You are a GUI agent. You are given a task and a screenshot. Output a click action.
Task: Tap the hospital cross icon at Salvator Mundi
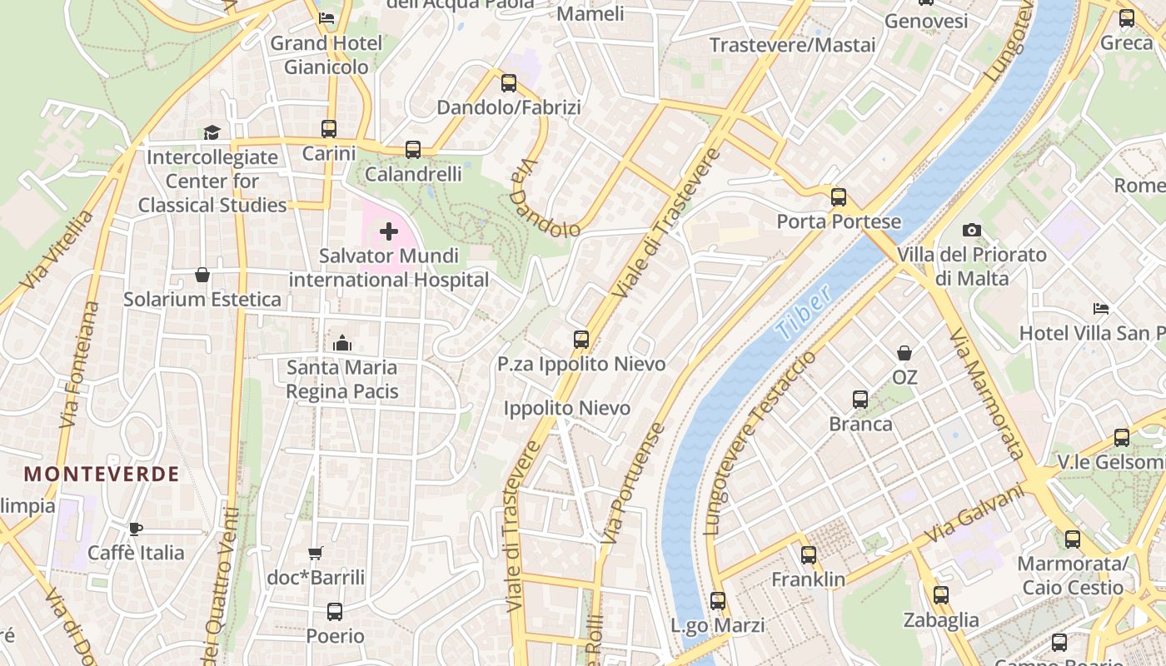388,231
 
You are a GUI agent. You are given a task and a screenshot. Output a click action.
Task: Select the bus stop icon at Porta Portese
839,197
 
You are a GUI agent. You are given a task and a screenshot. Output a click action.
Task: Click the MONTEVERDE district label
102,475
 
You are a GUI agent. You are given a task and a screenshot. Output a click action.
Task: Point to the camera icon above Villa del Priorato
971,231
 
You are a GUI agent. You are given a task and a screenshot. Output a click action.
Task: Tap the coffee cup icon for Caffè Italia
136,529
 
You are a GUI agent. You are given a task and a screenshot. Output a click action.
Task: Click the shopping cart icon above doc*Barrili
316,553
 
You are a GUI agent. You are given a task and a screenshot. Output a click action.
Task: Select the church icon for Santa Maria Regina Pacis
342,343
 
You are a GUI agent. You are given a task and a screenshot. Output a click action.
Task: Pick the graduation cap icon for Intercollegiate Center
212,132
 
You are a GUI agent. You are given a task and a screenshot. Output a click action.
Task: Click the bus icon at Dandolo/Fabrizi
509,83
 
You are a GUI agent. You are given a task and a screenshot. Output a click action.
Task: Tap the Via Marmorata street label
986,393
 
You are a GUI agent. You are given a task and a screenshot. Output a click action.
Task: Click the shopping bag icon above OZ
904,353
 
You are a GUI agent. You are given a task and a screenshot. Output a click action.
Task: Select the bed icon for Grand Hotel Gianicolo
326,18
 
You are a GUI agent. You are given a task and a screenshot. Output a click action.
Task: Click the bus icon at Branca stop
860,400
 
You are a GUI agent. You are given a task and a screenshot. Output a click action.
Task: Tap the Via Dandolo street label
546,199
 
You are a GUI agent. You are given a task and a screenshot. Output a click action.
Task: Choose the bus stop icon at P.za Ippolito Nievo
581,340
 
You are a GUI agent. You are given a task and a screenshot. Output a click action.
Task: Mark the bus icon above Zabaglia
941,595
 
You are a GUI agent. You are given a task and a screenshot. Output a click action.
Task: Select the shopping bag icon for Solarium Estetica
202,275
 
